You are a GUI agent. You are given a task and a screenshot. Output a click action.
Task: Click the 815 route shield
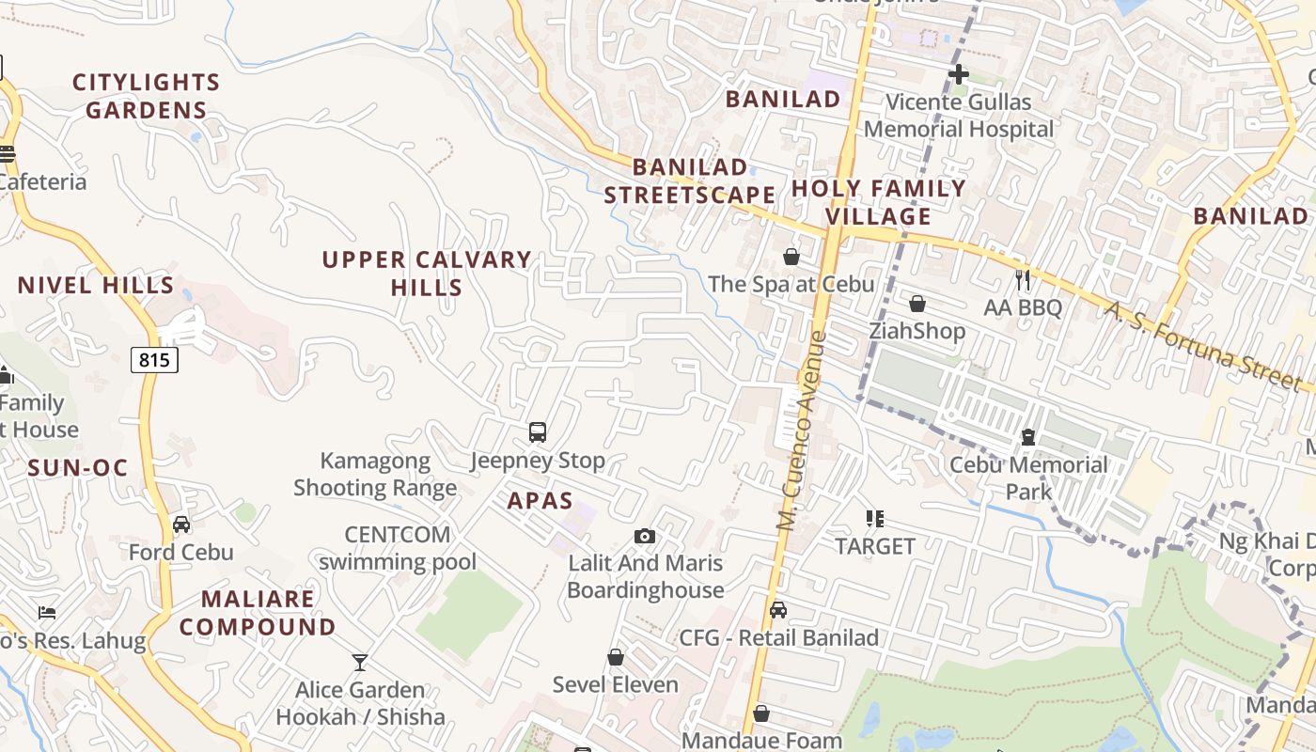pos(154,359)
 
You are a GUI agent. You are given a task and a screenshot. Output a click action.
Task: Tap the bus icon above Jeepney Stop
pos(538,432)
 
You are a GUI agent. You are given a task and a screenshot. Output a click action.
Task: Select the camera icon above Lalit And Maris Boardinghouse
pos(644,536)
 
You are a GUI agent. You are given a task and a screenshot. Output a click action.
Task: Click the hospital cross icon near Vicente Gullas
pos(958,74)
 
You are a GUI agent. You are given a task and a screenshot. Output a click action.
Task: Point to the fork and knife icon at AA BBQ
pos(1023,279)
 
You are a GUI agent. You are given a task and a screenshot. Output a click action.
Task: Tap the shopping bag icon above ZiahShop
pos(916,304)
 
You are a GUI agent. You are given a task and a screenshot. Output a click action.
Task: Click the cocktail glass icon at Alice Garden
pos(359,663)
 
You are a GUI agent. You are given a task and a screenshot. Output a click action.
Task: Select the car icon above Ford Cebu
pos(181,525)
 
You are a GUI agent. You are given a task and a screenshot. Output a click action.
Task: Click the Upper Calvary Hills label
pos(427,273)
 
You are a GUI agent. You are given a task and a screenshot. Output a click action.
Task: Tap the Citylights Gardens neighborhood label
pos(146,96)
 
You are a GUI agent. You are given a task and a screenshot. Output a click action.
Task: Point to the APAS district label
pos(540,500)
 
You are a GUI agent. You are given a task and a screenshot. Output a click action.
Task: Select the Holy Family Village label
pos(879,202)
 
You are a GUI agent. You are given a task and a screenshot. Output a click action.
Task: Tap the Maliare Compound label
pos(258,612)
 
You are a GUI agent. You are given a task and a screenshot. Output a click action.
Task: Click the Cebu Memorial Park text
pos(1028,478)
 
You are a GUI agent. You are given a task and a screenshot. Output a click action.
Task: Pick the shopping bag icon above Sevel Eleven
pos(616,657)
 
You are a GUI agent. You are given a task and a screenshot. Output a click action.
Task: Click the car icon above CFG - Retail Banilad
pos(778,610)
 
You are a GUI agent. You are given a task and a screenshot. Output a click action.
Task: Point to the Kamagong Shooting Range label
pos(375,474)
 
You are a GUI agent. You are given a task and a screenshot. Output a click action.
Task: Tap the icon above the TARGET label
pos(875,518)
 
